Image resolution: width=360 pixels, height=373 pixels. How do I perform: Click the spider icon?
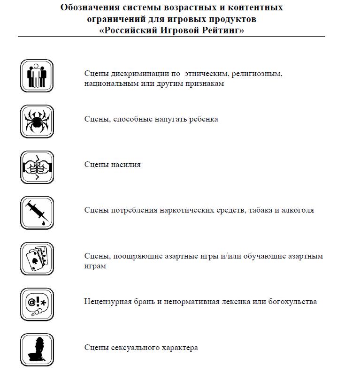(x=37, y=121)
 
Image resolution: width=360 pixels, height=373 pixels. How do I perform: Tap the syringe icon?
(x=37, y=213)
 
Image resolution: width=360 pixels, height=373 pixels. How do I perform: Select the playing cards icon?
(x=37, y=259)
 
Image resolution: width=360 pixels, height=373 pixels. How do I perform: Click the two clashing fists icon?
(x=37, y=167)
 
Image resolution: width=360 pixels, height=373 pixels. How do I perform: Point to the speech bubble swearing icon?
(x=37, y=304)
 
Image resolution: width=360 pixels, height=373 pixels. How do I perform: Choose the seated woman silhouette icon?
(x=37, y=350)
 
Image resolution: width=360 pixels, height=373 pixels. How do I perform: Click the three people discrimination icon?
(x=37, y=76)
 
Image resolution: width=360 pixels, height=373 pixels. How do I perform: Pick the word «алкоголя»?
(x=298, y=210)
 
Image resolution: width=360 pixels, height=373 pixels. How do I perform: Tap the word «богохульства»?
(x=291, y=302)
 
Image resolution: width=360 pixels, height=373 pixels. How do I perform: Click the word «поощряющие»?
(x=137, y=256)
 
